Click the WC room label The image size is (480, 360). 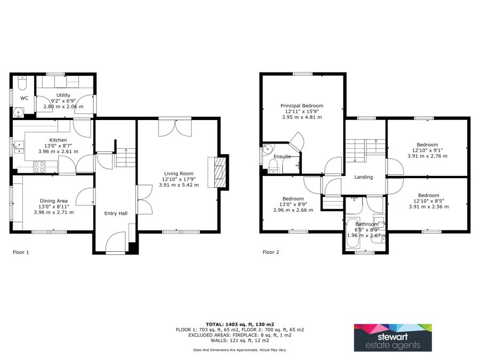point(24,98)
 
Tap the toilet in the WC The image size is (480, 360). point(22,83)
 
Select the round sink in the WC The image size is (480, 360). point(19,113)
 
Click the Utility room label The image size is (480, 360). point(63,95)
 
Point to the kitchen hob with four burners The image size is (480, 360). point(39,167)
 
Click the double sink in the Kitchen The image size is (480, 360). point(19,147)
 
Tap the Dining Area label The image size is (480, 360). point(54,201)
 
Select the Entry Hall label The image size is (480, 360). point(116,213)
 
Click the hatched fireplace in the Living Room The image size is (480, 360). point(218,172)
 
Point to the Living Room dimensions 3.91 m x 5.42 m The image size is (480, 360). point(179,185)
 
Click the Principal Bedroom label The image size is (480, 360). point(302,106)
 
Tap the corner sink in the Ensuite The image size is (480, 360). point(267,148)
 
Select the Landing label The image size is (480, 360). point(364,177)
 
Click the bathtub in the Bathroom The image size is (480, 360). point(353,233)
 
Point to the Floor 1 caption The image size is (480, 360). point(21,252)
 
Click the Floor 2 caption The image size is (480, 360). point(271,252)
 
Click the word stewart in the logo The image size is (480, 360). point(393,337)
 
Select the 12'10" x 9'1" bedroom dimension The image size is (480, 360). point(427,150)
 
